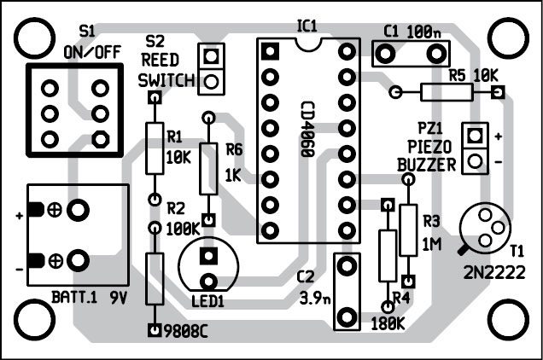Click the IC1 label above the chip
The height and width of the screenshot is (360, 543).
307,26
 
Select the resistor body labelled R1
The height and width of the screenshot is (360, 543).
155,148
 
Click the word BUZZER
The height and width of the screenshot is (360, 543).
428,165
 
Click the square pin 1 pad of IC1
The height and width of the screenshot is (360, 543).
268,51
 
